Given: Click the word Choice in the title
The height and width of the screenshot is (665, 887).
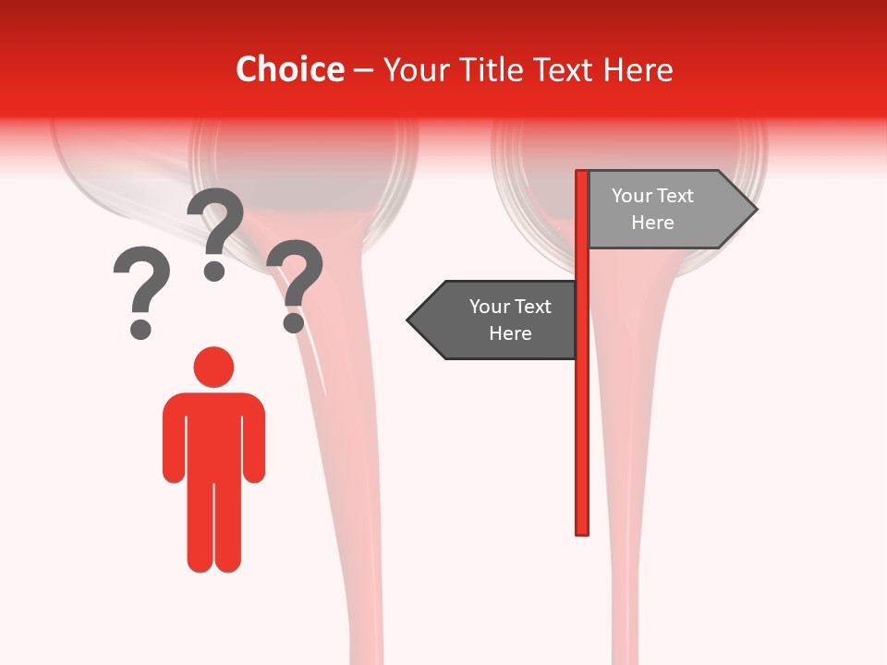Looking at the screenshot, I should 289,69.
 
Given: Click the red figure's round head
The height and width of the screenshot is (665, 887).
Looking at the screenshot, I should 213,367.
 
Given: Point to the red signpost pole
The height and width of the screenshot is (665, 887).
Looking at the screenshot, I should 582,416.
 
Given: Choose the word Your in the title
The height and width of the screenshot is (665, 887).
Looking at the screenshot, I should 413,69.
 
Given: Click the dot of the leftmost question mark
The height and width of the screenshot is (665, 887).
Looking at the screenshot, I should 140,328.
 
